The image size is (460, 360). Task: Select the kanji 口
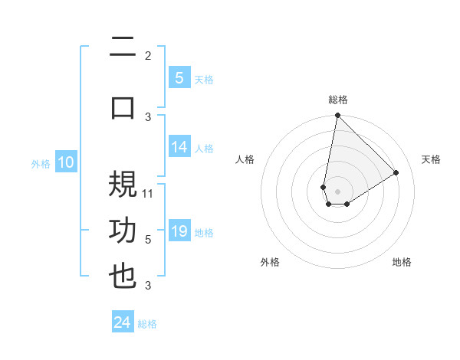coord(123,108)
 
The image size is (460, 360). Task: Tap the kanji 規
coord(123,185)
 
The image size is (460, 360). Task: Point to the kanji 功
coord(123,231)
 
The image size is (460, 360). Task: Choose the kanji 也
coord(123,277)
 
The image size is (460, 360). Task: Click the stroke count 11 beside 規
coord(149,193)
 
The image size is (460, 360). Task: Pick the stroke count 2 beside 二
coord(148,55)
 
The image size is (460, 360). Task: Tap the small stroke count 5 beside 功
coord(148,239)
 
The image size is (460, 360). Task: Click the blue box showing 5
coord(179,77)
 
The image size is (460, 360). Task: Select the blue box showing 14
coord(179,147)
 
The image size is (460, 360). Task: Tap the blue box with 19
coord(179,231)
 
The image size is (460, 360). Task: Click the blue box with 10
coord(65,162)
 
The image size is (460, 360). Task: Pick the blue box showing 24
coord(123,322)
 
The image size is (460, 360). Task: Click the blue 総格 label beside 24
coord(148,324)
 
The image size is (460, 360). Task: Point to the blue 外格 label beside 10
coord(41,163)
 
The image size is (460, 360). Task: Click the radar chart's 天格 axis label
coord(431,159)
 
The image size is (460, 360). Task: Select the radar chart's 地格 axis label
coord(402,262)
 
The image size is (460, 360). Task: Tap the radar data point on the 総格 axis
coord(337,116)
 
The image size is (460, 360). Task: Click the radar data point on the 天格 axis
coord(396,172)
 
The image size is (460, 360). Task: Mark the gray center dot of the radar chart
coord(337,191)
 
